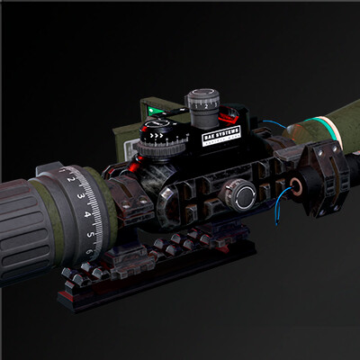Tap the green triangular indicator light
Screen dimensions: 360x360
click(x=158, y=112)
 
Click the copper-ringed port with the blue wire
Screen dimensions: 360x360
click(x=296, y=189)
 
